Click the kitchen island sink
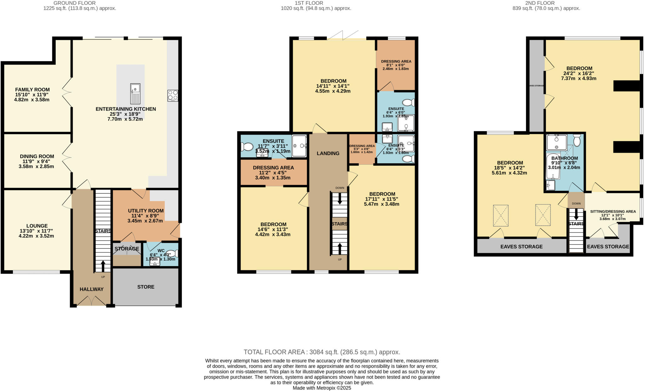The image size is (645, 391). [135, 93]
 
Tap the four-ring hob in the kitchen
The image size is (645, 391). [173, 95]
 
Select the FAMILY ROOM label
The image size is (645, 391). [32, 90]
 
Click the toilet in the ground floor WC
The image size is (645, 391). [173, 253]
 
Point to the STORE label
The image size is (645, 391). [146, 287]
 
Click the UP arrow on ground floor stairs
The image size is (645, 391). [103, 266]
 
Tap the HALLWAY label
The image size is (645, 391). [91, 289]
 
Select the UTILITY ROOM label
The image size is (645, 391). [146, 211]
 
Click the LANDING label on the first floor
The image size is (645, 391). [328, 153]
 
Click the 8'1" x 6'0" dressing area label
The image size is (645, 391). [396, 61]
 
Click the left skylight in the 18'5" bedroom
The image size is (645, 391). [500, 215]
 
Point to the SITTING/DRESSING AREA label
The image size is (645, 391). [613, 212]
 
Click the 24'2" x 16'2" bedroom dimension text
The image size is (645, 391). [579, 73]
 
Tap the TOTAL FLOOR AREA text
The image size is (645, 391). [322, 352]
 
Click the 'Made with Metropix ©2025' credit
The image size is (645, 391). [322, 388]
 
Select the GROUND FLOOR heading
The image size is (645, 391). [75, 3]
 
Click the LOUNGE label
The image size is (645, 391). [37, 226]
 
